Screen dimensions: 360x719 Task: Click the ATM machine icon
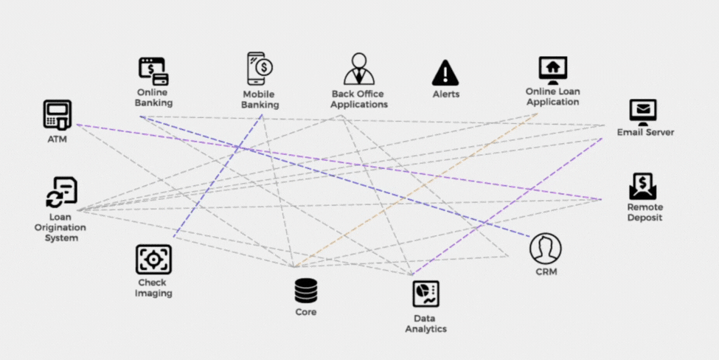click(x=57, y=115)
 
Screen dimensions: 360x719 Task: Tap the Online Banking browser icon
click(x=153, y=71)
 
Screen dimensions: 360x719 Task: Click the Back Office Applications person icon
click(x=359, y=69)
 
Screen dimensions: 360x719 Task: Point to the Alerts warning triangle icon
click(x=445, y=72)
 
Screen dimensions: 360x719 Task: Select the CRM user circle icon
click(x=546, y=249)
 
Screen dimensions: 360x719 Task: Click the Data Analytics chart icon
click(x=426, y=294)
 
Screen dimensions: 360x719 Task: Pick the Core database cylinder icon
click(x=306, y=290)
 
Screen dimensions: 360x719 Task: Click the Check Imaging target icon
click(x=153, y=260)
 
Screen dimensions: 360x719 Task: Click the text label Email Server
click(x=645, y=133)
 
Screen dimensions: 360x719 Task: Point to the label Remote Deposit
click(x=645, y=212)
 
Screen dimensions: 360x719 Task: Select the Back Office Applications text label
click(x=359, y=99)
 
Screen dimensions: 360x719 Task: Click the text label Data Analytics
click(x=426, y=324)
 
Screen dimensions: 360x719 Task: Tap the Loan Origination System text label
click(x=62, y=227)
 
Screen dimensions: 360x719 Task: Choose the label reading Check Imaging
click(x=153, y=288)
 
